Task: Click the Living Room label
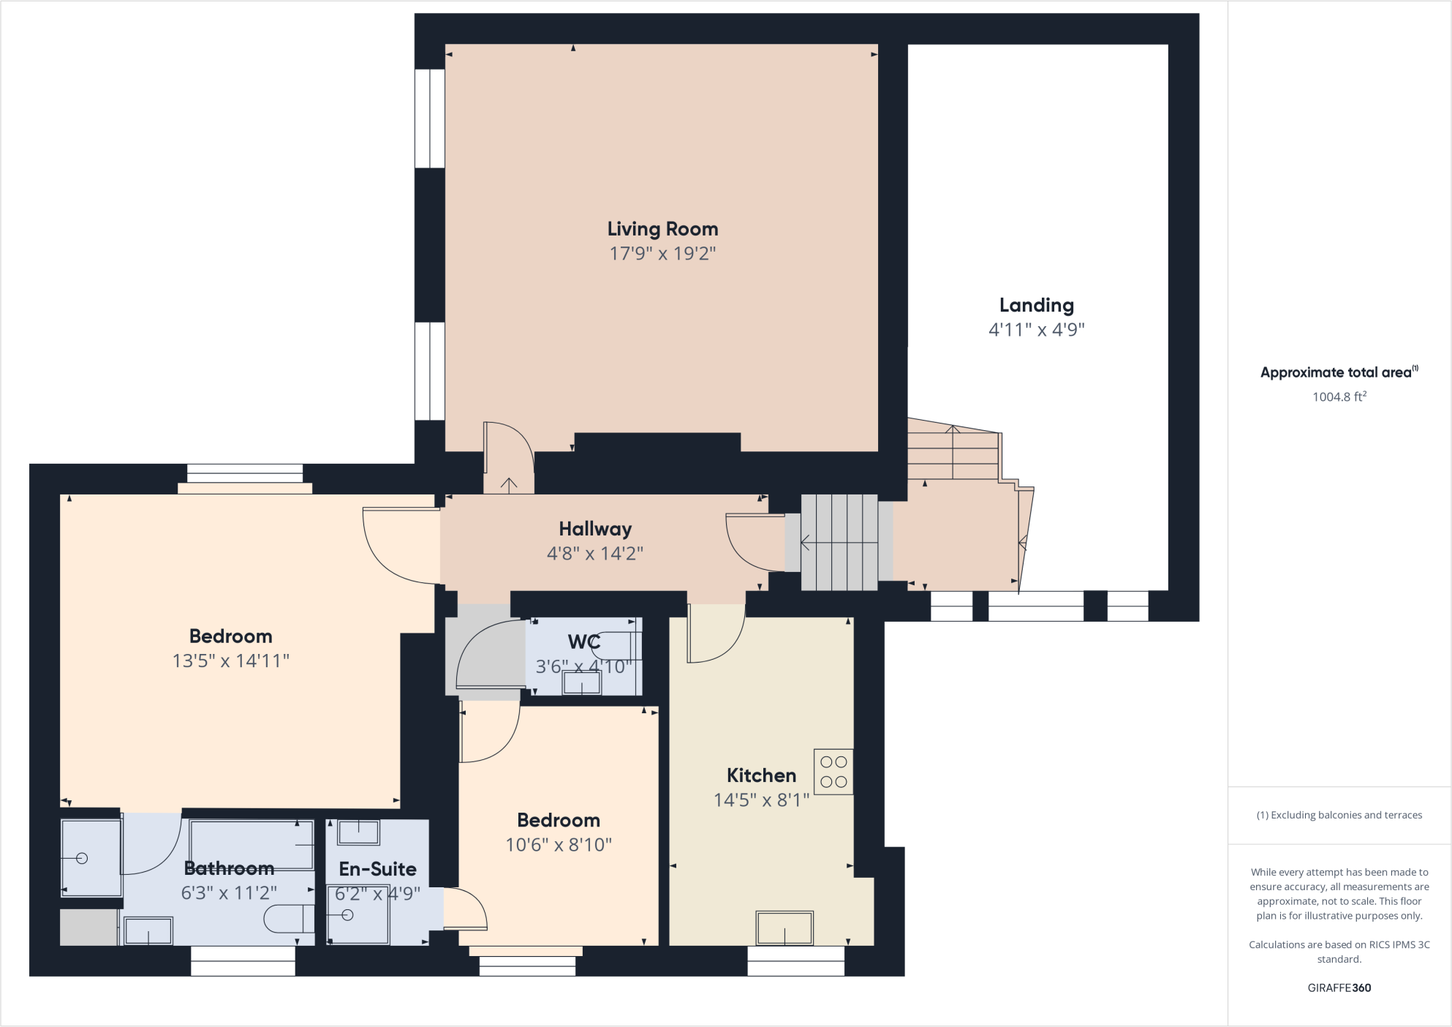pyautogui.click(x=662, y=229)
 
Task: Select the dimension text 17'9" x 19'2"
pyautogui.click(x=662, y=254)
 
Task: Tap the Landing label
pyautogui.click(x=1036, y=305)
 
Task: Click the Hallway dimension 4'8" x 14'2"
pyautogui.click(x=594, y=554)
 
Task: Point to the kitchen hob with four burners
pyautogui.click(x=833, y=772)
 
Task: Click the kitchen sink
pyautogui.click(x=784, y=928)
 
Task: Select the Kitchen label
pyautogui.click(x=761, y=775)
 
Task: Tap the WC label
pyautogui.click(x=583, y=642)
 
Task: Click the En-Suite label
pyautogui.click(x=377, y=869)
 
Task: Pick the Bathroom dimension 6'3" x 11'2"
pyautogui.click(x=229, y=893)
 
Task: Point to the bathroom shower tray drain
pyautogui.click(x=82, y=859)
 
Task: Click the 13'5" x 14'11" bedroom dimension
pyautogui.click(x=230, y=661)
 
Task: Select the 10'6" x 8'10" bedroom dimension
pyautogui.click(x=559, y=845)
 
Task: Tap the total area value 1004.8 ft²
pyautogui.click(x=1339, y=397)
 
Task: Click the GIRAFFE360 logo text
pyautogui.click(x=1339, y=987)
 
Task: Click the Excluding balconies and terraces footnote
pyautogui.click(x=1339, y=815)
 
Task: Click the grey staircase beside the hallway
pyautogui.click(x=839, y=542)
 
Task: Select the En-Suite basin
pyautogui.click(x=358, y=832)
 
